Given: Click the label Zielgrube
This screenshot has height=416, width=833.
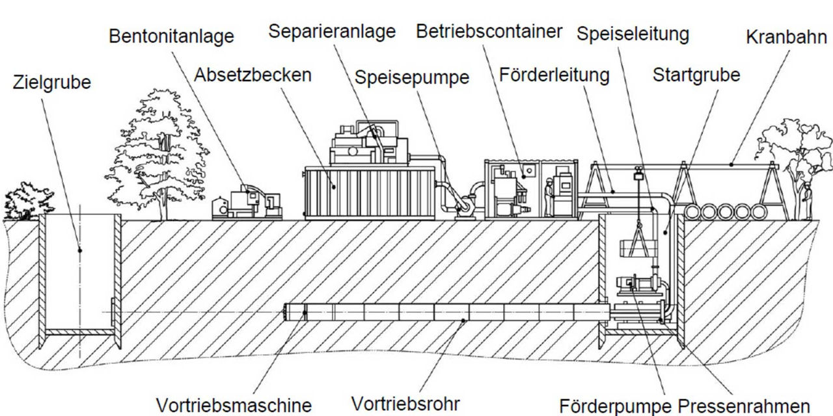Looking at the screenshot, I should (52, 84).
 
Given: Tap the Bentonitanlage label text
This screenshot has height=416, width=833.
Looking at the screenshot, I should (171, 36).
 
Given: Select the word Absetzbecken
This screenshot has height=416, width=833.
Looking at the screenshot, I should (253, 75).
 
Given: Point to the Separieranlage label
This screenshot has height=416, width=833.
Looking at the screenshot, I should (332, 31).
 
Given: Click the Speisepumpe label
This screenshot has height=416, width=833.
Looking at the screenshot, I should (411, 77).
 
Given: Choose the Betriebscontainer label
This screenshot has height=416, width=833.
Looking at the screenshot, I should (489, 31).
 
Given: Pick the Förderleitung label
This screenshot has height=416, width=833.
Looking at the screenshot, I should (554, 75).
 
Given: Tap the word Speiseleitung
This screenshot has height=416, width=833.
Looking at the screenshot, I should (633, 33).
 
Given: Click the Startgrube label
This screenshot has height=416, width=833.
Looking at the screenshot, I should (696, 75).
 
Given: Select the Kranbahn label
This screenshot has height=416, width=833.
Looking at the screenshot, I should (786, 37).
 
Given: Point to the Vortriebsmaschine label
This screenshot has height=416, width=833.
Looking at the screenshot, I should (234, 404).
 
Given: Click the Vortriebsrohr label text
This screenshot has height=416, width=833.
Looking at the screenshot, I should (405, 404).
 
